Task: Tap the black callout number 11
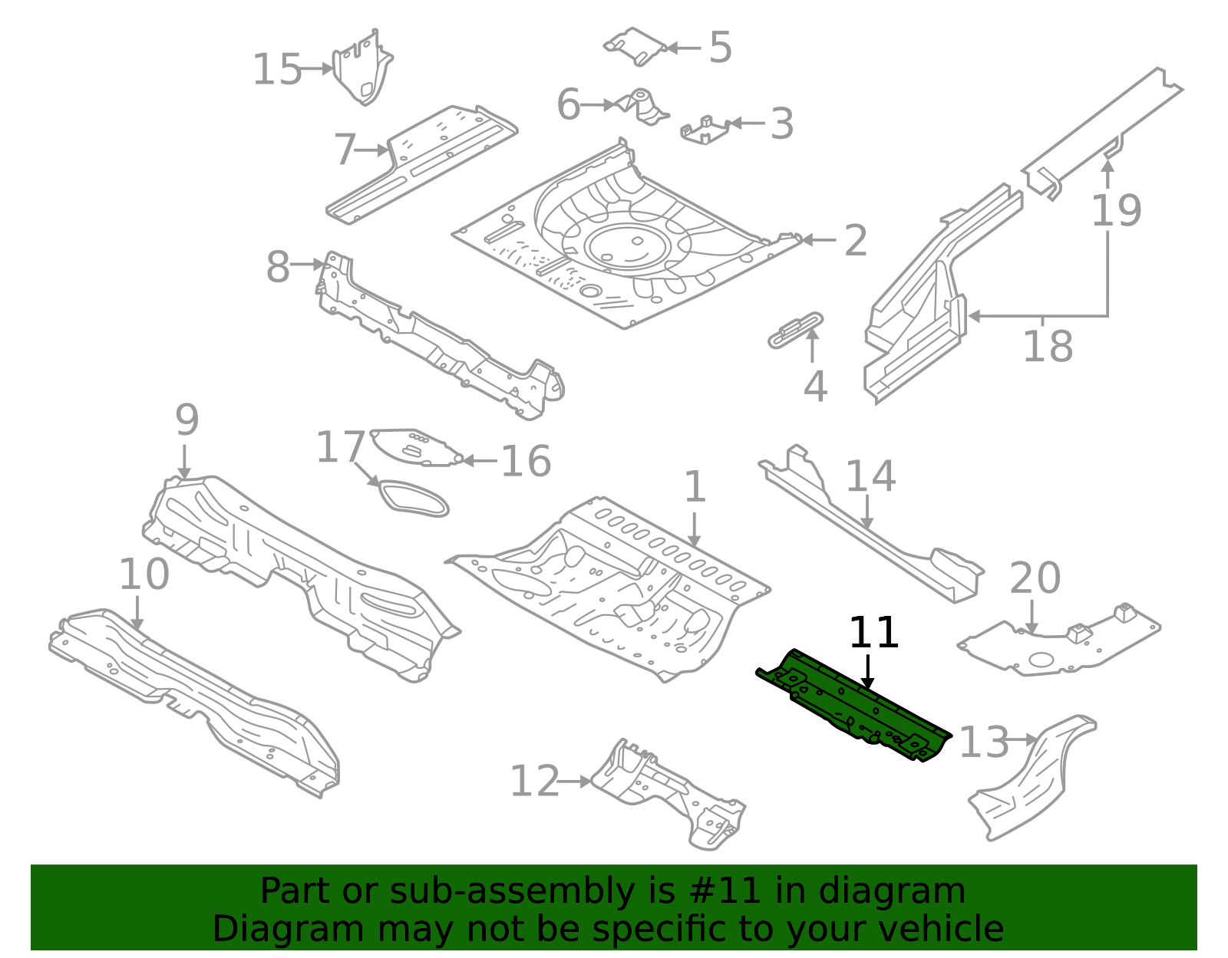point(873,634)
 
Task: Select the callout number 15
point(276,70)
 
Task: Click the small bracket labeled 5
point(635,46)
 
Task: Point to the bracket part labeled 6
point(642,106)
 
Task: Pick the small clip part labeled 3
point(705,130)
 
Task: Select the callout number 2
point(855,241)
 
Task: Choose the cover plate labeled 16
point(414,447)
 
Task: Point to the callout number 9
point(187,420)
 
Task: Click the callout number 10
point(144,574)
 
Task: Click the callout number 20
point(1034,578)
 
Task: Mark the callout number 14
point(870,476)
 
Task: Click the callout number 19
point(1116,210)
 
